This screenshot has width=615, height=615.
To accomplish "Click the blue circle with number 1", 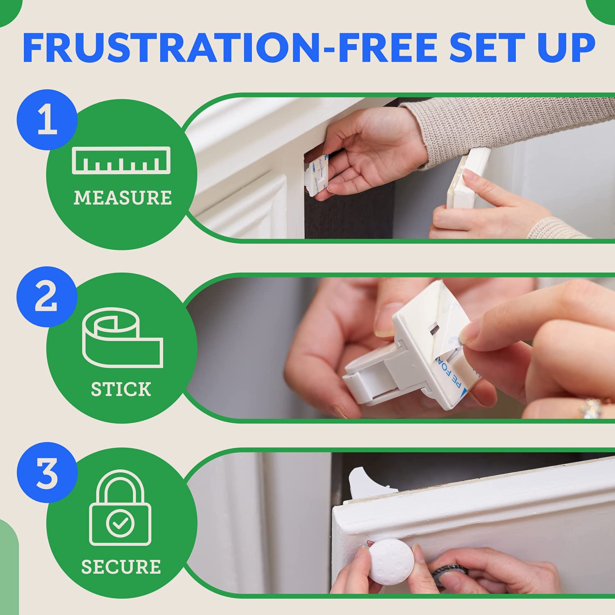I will [47, 119].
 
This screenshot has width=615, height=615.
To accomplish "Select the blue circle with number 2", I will [47, 296].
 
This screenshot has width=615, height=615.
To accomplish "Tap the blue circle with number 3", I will [47, 472].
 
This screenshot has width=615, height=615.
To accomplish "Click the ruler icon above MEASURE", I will [121, 160].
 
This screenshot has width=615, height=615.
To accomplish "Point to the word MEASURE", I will [122, 198].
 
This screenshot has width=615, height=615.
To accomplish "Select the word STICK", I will [121, 389].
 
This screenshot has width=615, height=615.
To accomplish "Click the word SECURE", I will [121, 567].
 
